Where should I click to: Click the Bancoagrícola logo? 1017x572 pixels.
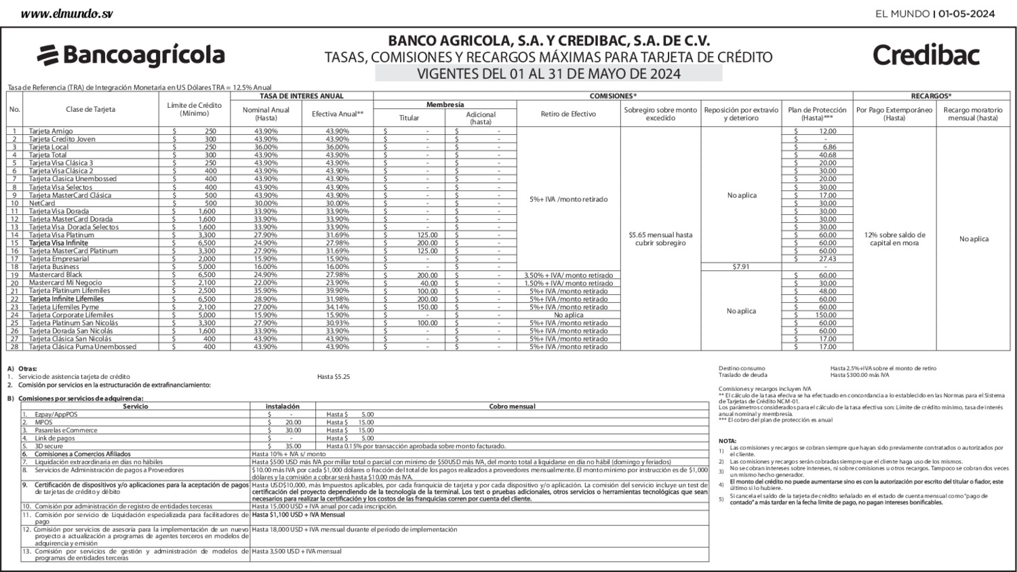pyautogui.click(x=131, y=55)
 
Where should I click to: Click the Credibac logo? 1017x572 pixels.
pyautogui.click(x=925, y=55)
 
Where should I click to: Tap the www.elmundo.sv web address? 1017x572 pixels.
pyautogui.click(x=66, y=14)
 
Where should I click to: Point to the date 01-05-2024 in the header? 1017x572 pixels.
pyautogui.click(x=967, y=14)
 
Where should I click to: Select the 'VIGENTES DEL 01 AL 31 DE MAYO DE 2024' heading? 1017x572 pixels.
pyautogui.click(x=549, y=74)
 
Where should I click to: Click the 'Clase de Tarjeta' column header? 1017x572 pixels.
pyautogui.click(x=90, y=109)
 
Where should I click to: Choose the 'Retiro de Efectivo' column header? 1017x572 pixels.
pyautogui.click(x=568, y=114)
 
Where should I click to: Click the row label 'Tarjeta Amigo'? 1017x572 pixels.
pyautogui.click(x=51, y=131)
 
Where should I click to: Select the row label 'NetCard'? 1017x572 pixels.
pyautogui.click(x=42, y=203)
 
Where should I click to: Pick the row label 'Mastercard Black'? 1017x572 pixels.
pyautogui.click(x=56, y=275)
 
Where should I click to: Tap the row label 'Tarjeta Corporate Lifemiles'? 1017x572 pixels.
pyautogui.click(x=71, y=315)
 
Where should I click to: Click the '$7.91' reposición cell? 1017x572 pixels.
pyautogui.click(x=740, y=267)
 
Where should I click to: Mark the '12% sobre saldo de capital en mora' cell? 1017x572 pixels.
pyautogui.click(x=894, y=239)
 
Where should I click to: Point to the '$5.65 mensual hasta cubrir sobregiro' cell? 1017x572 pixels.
pyautogui.click(x=660, y=239)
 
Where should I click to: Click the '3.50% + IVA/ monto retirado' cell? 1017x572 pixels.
pyautogui.click(x=568, y=275)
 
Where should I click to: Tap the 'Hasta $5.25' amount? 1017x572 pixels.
pyautogui.click(x=334, y=377)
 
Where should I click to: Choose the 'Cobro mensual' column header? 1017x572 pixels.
pyautogui.click(x=512, y=407)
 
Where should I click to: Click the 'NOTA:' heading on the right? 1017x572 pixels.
pyautogui.click(x=727, y=441)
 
